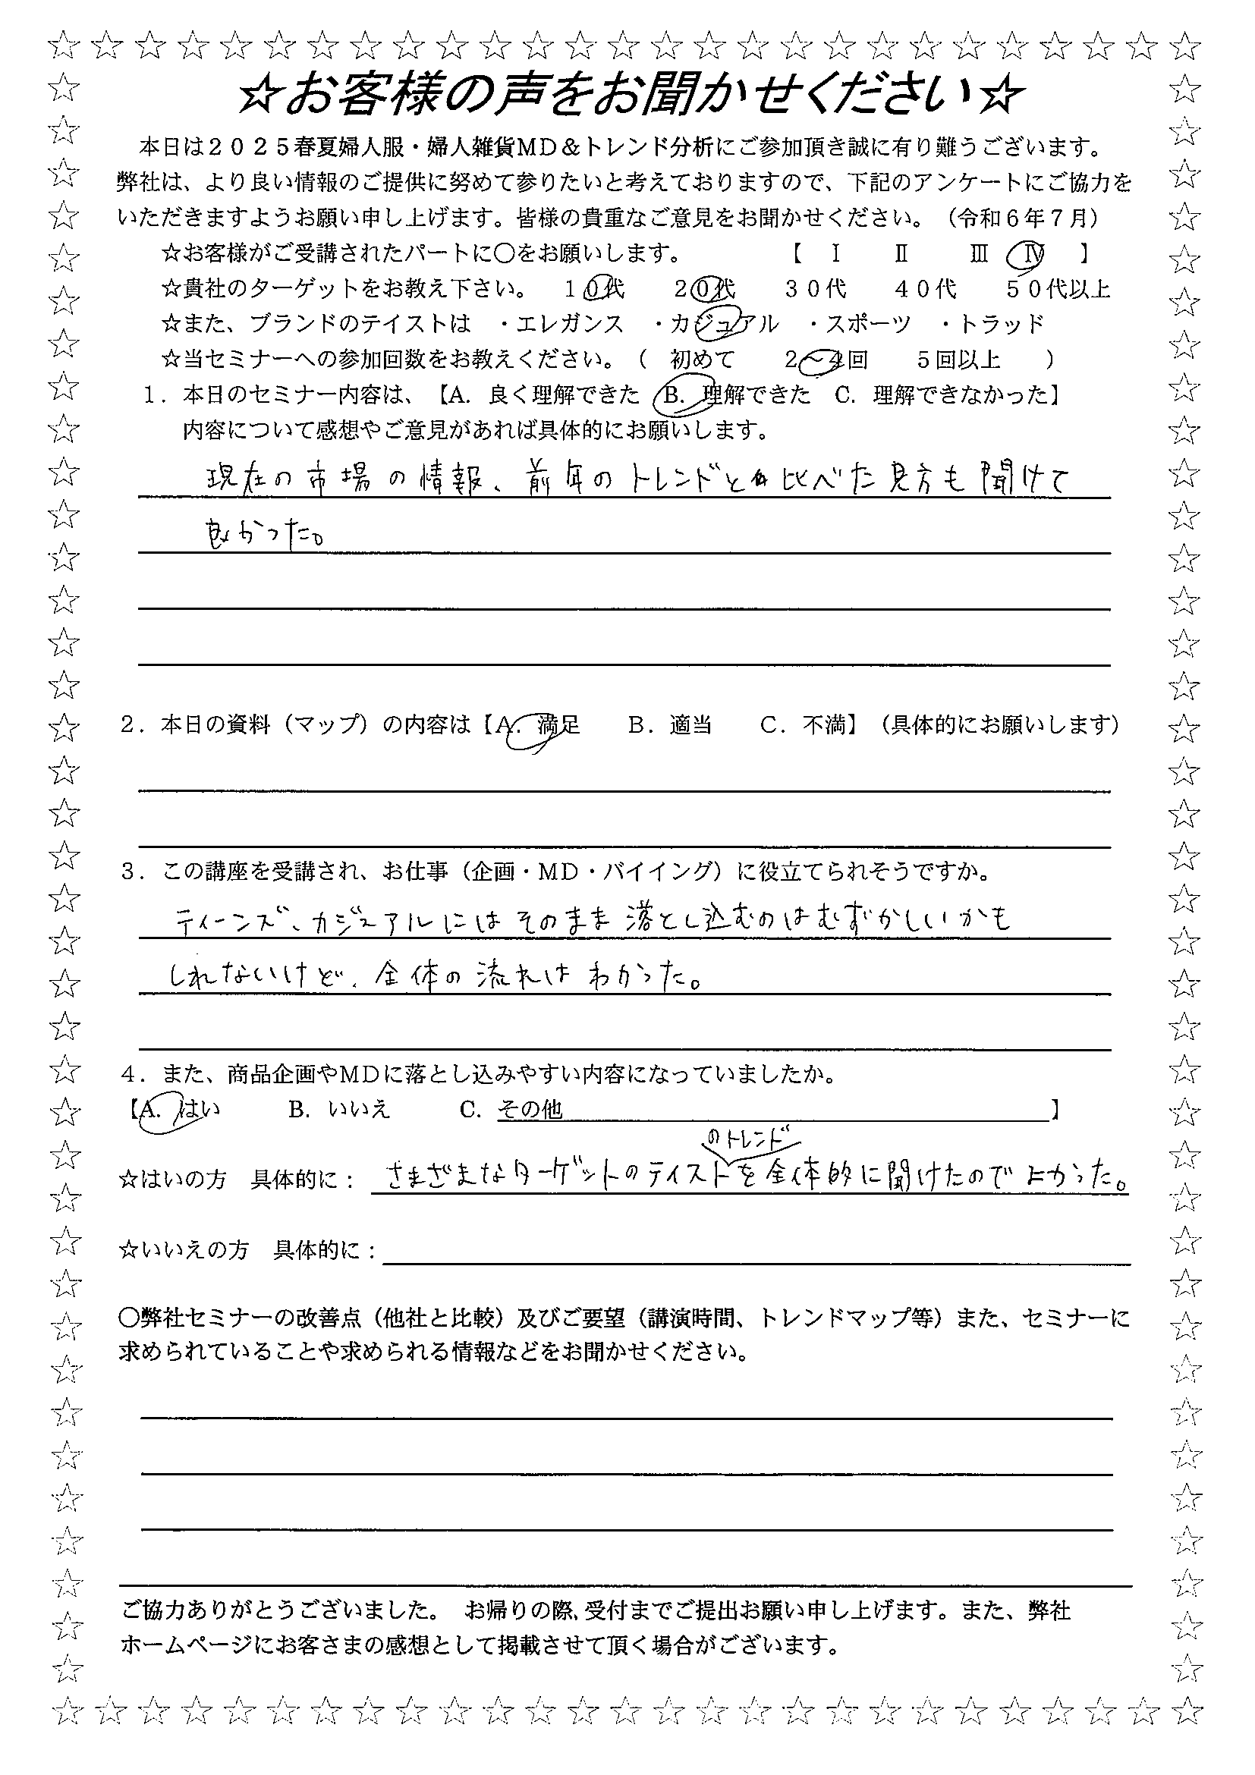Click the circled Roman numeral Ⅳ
[x=1024, y=253]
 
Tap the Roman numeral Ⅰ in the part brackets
[x=836, y=253]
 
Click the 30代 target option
[x=815, y=289]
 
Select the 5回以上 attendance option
[x=958, y=360]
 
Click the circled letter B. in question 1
[x=675, y=396]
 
